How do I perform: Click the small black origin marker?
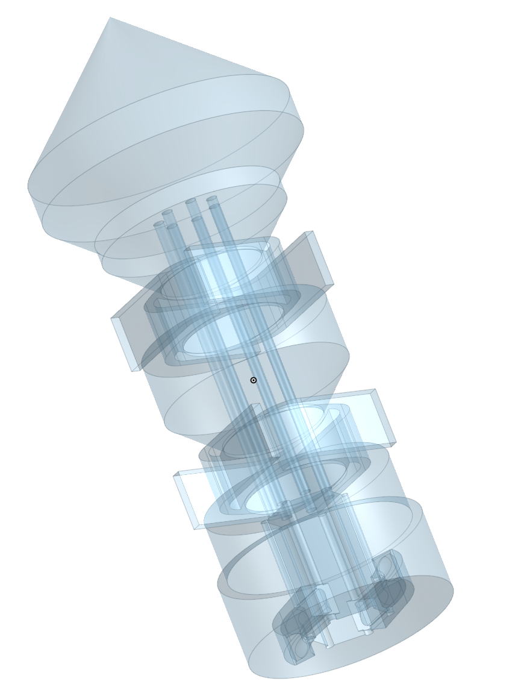254,380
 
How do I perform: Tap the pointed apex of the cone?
111,18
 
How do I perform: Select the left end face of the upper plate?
125,344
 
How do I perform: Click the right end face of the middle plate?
384,417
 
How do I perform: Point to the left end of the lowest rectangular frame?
186,502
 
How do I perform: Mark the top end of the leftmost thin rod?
159,224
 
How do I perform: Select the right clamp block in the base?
388,582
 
